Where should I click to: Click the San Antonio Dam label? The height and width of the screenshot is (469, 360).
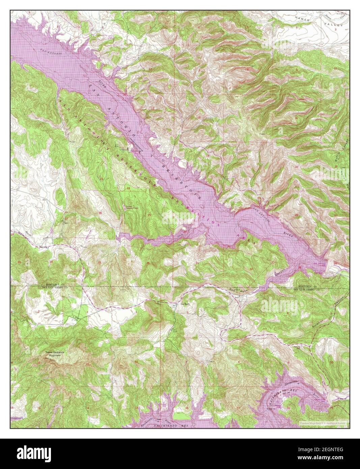click(320, 264)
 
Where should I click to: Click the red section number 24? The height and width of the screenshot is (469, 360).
click(128, 188)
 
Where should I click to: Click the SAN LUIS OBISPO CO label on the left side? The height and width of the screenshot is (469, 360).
click(55, 287)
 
